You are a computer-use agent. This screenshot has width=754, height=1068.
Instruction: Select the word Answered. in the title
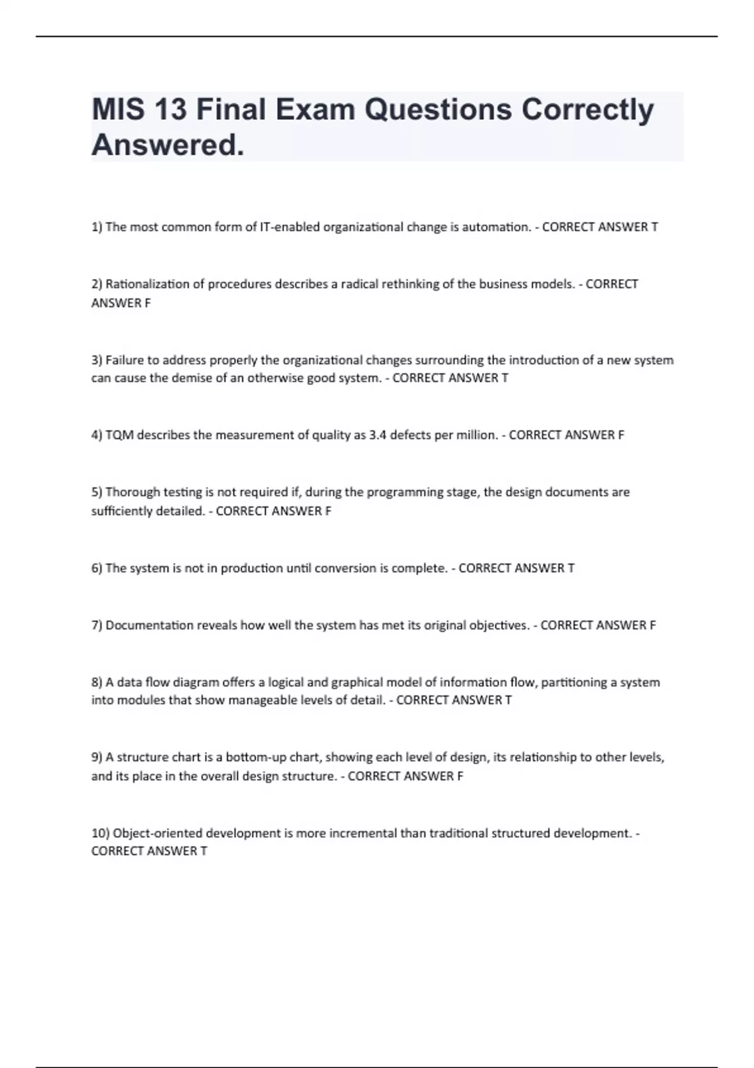tap(167, 146)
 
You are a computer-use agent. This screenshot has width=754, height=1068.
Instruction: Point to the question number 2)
tap(97, 284)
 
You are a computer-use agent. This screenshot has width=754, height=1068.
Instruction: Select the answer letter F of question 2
tap(148, 303)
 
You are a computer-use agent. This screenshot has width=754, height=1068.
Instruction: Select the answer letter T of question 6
tap(571, 568)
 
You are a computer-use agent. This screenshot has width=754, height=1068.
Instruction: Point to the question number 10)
tap(100, 834)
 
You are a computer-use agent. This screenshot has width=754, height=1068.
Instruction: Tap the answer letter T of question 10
tap(204, 851)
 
